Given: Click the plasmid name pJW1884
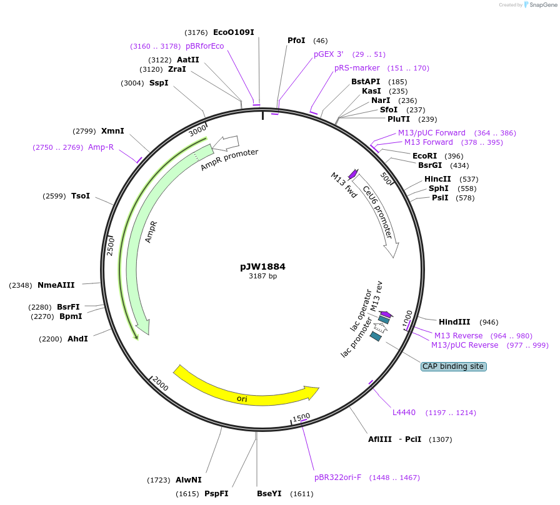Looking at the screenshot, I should click(x=262, y=267).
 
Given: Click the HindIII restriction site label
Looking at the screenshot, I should click(x=454, y=322).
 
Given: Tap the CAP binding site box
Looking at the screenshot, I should click(x=453, y=366).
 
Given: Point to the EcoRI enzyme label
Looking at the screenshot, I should click(x=424, y=155).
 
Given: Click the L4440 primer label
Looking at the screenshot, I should click(x=404, y=413).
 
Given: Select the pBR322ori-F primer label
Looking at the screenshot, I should click(x=337, y=478).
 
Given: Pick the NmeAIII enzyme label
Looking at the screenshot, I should click(x=56, y=285).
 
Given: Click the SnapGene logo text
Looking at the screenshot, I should click(x=540, y=5).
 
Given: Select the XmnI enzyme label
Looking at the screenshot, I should click(x=112, y=131).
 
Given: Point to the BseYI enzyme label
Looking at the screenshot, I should click(x=269, y=494).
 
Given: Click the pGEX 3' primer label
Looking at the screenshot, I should click(x=329, y=54).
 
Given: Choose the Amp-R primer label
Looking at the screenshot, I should click(x=101, y=147).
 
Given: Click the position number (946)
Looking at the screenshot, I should click(x=489, y=322).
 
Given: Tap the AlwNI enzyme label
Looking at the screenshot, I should click(x=189, y=480).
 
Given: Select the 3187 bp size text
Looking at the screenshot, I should click(x=262, y=276).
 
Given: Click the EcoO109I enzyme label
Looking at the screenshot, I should click(x=234, y=32).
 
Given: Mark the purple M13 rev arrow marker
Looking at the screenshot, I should click(x=386, y=314).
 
